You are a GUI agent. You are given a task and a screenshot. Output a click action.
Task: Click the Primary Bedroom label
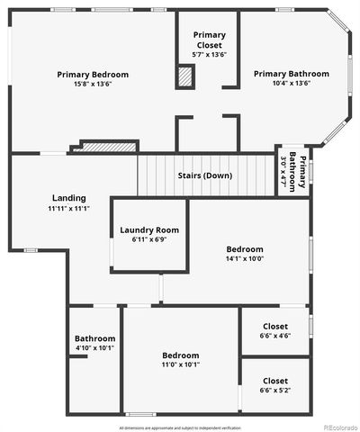point(93,75)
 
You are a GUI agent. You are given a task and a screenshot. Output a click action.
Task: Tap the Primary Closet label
point(210,40)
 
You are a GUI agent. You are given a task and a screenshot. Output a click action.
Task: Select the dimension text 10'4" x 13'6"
point(291,84)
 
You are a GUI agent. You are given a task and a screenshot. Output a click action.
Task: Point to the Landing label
point(67,198)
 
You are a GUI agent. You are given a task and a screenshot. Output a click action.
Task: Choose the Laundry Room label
point(149,230)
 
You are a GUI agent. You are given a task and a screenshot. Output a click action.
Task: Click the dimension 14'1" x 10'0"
point(245,259)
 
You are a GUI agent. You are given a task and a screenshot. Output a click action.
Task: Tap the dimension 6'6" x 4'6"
point(274,336)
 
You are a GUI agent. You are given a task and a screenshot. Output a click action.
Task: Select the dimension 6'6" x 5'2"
point(274,391)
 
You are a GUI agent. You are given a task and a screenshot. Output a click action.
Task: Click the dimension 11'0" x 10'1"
point(180,364)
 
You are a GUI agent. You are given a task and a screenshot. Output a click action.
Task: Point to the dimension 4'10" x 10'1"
point(94,348)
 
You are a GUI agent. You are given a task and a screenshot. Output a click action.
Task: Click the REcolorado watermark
point(339,427)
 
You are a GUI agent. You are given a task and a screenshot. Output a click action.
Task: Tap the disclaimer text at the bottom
point(180,427)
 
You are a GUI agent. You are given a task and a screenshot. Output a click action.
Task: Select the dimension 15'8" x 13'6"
point(93,85)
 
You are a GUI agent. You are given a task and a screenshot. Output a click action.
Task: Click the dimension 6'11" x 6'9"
point(149,240)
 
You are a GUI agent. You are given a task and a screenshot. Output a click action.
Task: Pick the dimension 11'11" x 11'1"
point(67,208)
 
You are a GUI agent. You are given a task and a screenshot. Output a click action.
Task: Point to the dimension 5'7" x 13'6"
point(210,54)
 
